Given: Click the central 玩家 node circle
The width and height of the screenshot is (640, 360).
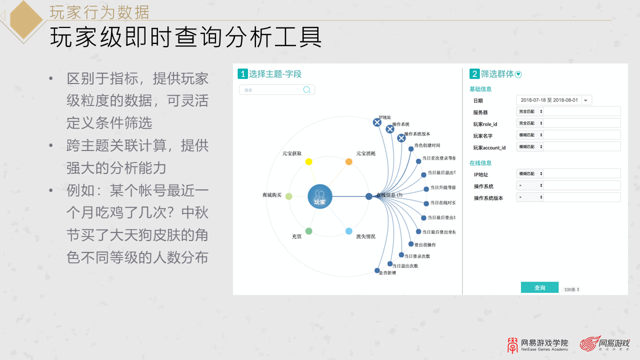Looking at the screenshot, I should [x=320, y=196].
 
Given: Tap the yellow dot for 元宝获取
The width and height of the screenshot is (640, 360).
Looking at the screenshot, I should [x=308, y=161].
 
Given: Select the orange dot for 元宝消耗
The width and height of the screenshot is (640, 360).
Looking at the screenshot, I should [x=349, y=161].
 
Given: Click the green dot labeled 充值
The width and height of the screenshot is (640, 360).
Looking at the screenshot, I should [x=308, y=231].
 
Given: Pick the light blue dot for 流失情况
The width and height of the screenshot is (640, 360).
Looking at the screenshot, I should [x=349, y=231].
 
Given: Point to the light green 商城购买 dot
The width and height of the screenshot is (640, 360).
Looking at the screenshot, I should [x=288, y=196].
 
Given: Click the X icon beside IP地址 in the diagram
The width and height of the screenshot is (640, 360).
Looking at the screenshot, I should [x=377, y=122].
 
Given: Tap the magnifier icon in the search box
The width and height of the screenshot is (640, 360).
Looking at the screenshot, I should [x=307, y=90].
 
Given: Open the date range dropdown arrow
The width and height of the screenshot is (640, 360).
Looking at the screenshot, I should [x=586, y=100].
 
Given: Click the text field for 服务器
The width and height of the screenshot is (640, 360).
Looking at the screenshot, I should [x=581, y=111].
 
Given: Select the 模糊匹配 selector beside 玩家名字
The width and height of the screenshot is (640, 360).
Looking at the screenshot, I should [x=530, y=135].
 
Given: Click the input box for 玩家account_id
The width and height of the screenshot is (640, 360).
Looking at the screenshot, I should [x=581, y=146].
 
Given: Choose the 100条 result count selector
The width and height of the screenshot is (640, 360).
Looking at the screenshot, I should [x=571, y=289].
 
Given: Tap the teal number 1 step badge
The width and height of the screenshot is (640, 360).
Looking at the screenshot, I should [x=242, y=74].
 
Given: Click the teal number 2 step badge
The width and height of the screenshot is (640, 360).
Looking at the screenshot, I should [x=474, y=74].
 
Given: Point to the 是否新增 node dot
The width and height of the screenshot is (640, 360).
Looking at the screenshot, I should [x=377, y=270].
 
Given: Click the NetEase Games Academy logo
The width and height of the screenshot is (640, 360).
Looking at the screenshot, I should [x=538, y=344].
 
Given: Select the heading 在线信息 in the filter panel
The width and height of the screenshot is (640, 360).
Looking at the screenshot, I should [x=480, y=163].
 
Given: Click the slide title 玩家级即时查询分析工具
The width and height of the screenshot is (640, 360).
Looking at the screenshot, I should [x=185, y=38].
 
